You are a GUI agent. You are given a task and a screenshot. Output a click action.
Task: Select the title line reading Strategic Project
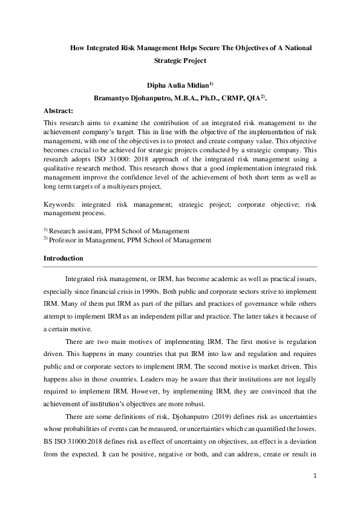tap(180, 60)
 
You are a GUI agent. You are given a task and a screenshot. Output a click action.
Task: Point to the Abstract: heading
tap(58, 111)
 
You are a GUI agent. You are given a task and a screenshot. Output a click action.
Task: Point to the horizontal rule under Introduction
tap(180, 266)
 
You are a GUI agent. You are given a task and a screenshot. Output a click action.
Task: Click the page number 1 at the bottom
tap(315, 476)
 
